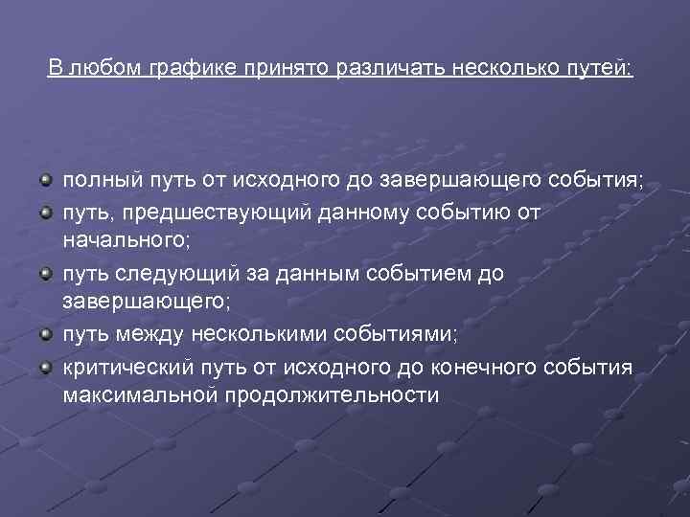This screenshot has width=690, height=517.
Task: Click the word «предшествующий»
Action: [205, 212]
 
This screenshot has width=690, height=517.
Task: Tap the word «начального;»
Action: [127, 243]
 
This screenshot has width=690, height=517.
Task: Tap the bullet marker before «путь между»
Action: [46, 335]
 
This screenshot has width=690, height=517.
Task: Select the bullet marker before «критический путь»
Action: [46, 366]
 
